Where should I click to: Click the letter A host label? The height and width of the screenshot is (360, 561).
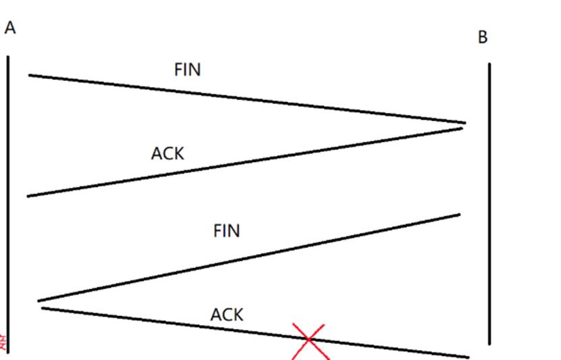pos(9,28)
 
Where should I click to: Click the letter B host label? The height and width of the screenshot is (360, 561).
pos(483,37)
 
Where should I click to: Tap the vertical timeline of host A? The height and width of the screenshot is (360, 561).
pos(8,203)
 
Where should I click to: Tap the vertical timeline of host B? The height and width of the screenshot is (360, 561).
pos(489,203)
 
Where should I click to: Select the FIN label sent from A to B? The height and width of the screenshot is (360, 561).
pos(188,70)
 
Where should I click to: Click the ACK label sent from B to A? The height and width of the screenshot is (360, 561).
pos(167,153)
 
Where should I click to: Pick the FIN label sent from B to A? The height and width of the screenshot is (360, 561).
pos(227,231)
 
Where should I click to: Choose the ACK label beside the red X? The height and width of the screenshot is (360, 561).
pos(227,314)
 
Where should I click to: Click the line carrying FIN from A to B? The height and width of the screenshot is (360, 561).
pos(247,99)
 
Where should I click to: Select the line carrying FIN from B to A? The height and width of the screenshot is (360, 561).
pos(248,257)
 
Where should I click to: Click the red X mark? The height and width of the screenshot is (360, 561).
pos(309,340)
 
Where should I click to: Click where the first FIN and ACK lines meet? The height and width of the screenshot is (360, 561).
pos(464,124)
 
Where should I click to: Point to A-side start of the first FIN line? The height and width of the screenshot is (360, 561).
pos(30,75)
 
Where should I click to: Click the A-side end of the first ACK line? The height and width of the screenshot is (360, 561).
pos(28,196)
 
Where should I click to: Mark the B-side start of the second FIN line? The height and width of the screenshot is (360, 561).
pos(459,215)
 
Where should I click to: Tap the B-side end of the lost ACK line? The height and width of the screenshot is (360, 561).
pos(467,356)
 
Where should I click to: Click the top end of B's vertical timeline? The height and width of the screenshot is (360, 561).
pos(489,65)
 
